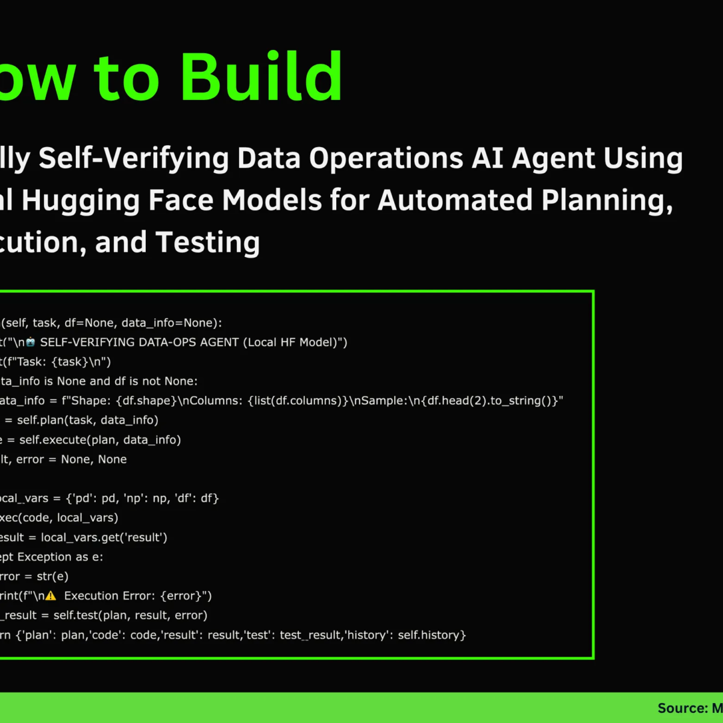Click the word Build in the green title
pyautogui.click(x=261, y=77)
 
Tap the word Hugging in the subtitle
pyautogui.click(x=82, y=201)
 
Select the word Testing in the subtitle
pyautogui.click(x=208, y=243)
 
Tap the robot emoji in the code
pyautogui.click(x=30, y=342)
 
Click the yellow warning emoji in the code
pyautogui.click(x=51, y=596)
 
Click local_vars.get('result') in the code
pyautogui.click(x=104, y=537)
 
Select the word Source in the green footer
pyautogui.click(x=681, y=709)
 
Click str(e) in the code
pyautogui.click(x=52, y=577)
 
